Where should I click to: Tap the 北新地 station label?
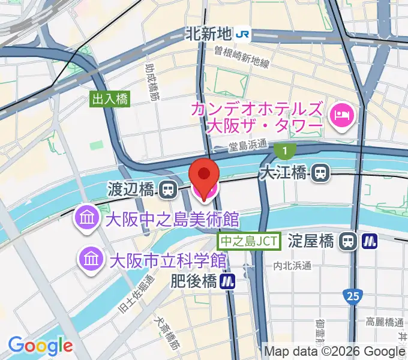click(208, 35)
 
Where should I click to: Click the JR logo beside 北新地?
click(243, 35)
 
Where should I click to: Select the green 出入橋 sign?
click(110, 100)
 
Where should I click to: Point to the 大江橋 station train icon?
click(321, 173)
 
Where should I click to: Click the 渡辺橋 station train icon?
click(168, 190)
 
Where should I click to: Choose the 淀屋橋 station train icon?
click(347, 241)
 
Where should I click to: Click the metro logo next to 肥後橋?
click(227, 280)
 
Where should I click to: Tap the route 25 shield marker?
click(353, 295)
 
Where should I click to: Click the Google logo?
click(40, 346)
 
